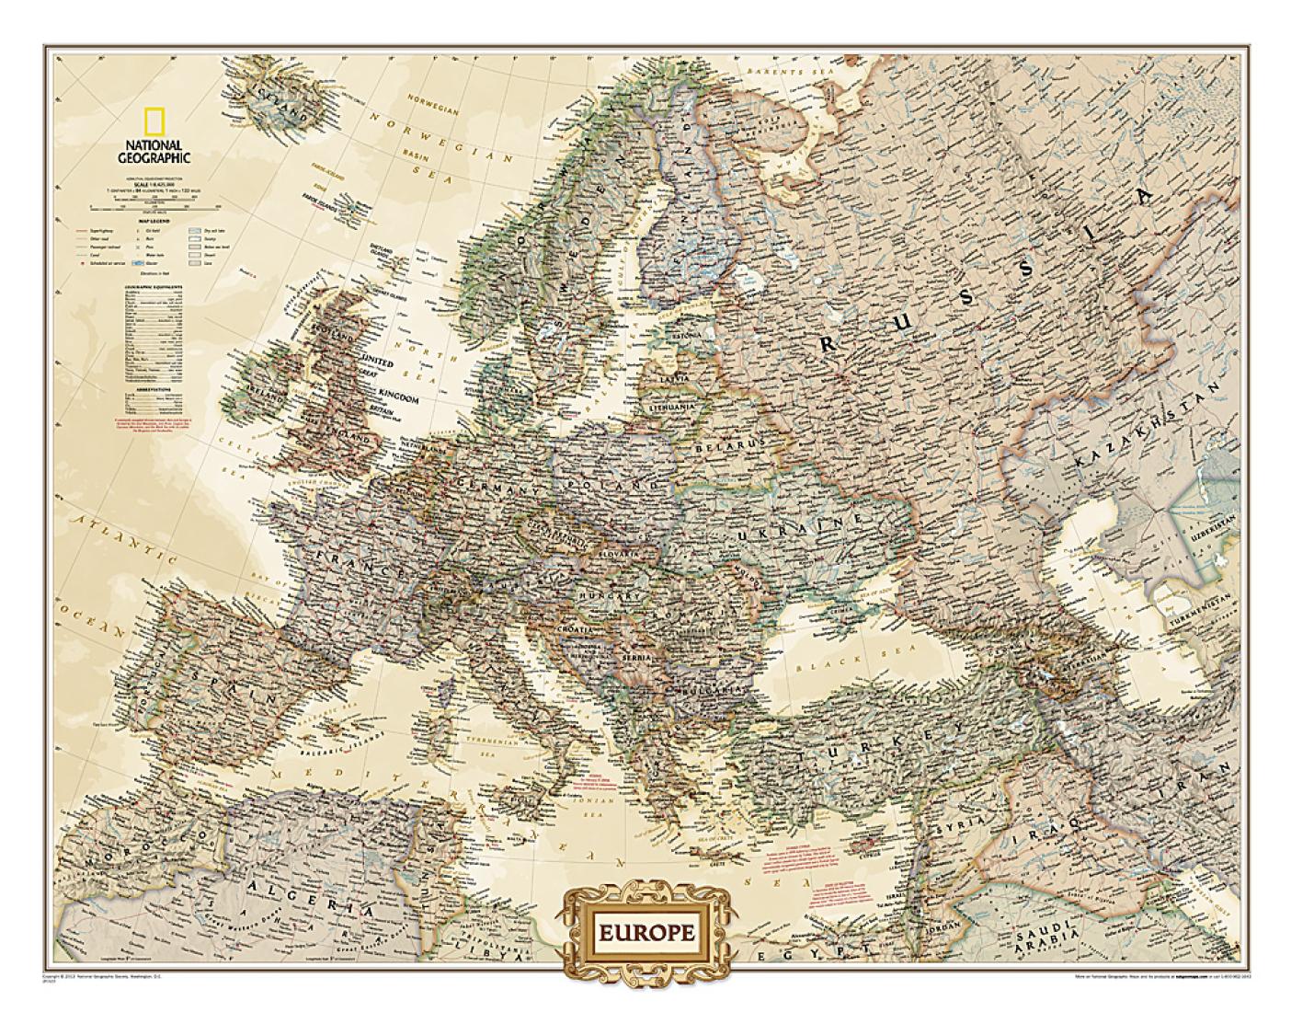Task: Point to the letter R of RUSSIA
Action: coord(828,343)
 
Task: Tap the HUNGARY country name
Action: coord(609,596)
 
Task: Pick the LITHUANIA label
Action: coord(673,406)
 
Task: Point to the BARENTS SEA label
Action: coord(788,71)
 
